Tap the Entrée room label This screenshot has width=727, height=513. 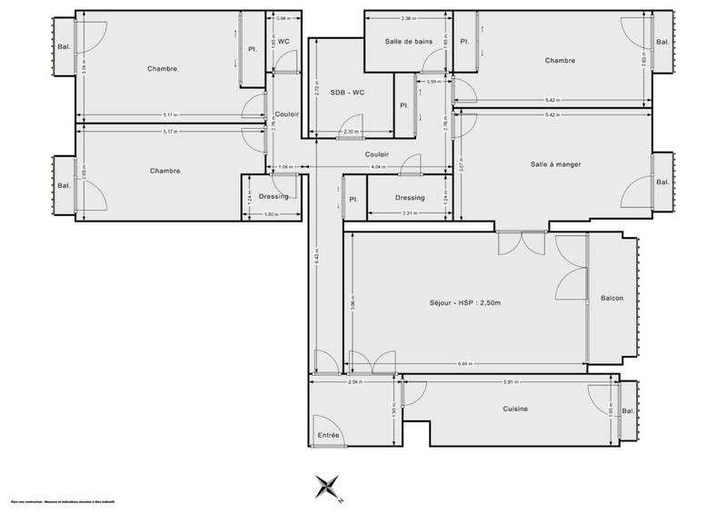point(328,436)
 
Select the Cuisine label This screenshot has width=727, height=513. point(515,409)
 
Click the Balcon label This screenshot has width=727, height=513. point(612,299)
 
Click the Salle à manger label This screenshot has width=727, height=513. point(555,163)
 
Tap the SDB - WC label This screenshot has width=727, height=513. point(347,93)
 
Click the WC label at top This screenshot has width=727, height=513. point(284,42)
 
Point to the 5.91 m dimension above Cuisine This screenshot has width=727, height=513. point(512,381)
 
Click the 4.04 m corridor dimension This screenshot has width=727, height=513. point(378,168)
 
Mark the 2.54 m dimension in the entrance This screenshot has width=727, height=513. point(354,381)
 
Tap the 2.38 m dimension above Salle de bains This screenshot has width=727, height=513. point(408,17)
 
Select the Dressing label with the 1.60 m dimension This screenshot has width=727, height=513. point(274,196)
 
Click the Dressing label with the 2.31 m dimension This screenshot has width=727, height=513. point(410,197)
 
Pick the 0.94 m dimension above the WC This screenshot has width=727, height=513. point(283,18)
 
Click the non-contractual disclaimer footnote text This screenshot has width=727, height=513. point(54,501)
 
